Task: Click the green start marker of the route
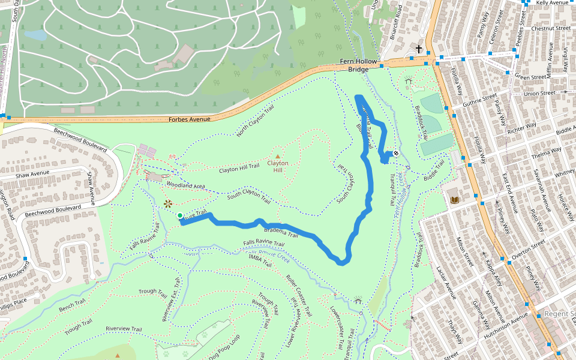pyautogui.click(x=179, y=215)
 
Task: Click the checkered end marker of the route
pyautogui.click(x=396, y=154)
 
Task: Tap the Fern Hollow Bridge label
pyautogui.click(x=358, y=65)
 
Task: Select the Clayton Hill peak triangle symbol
pyautogui.click(x=277, y=155)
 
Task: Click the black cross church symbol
pyautogui.click(x=418, y=49)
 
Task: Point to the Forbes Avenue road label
pyautogui.click(x=190, y=119)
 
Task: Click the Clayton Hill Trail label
pyautogui.click(x=239, y=169)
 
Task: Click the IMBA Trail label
pyautogui.click(x=262, y=257)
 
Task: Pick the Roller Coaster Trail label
pyautogui.click(x=299, y=295)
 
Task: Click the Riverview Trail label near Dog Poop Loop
pyautogui.click(x=124, y=329)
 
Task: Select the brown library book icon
pyautogui.click(x=455, y=199)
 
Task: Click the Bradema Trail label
pyautogui.click(x=281, y=230)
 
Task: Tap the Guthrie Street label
pyautogui.click(x=481, y=99)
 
